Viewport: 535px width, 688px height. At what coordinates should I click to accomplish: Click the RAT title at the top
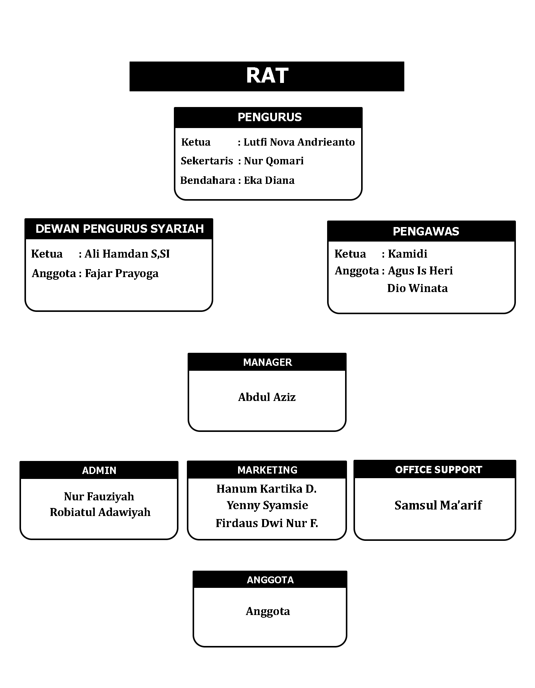[267, 75]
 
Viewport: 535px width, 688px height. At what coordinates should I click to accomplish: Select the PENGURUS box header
[270, 117]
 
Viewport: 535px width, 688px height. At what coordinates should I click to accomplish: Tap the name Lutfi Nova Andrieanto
[299, 142]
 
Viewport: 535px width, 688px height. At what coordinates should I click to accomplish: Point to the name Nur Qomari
[274, 161]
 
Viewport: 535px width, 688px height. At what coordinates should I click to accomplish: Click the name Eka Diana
[269, 180]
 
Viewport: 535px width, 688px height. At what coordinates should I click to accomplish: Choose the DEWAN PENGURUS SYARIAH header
[120, 229]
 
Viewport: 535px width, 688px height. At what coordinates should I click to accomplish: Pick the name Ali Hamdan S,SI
[127, 254]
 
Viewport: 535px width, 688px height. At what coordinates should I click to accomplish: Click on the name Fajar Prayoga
[122, 274]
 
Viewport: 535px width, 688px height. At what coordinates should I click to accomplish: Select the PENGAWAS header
[426, 231]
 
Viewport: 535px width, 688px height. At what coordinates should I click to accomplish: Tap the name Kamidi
[407, 254]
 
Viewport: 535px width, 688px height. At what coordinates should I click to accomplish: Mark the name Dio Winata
[417, 288]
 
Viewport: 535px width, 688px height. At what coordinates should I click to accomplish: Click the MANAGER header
[267, 362]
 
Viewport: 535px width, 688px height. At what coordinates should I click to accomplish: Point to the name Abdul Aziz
[267, 397]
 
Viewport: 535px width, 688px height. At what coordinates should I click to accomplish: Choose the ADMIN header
[99, 471]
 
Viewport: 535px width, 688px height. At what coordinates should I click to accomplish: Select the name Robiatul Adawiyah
[100, 512]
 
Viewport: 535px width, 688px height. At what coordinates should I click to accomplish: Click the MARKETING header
[267, 470]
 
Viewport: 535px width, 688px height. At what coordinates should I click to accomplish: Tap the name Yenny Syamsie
[267, 505]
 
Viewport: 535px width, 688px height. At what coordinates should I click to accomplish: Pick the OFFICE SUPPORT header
[439, 470]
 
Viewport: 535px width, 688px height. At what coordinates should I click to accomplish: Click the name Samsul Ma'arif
[438, 505]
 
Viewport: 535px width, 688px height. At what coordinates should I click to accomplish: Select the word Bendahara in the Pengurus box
[208, 180]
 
